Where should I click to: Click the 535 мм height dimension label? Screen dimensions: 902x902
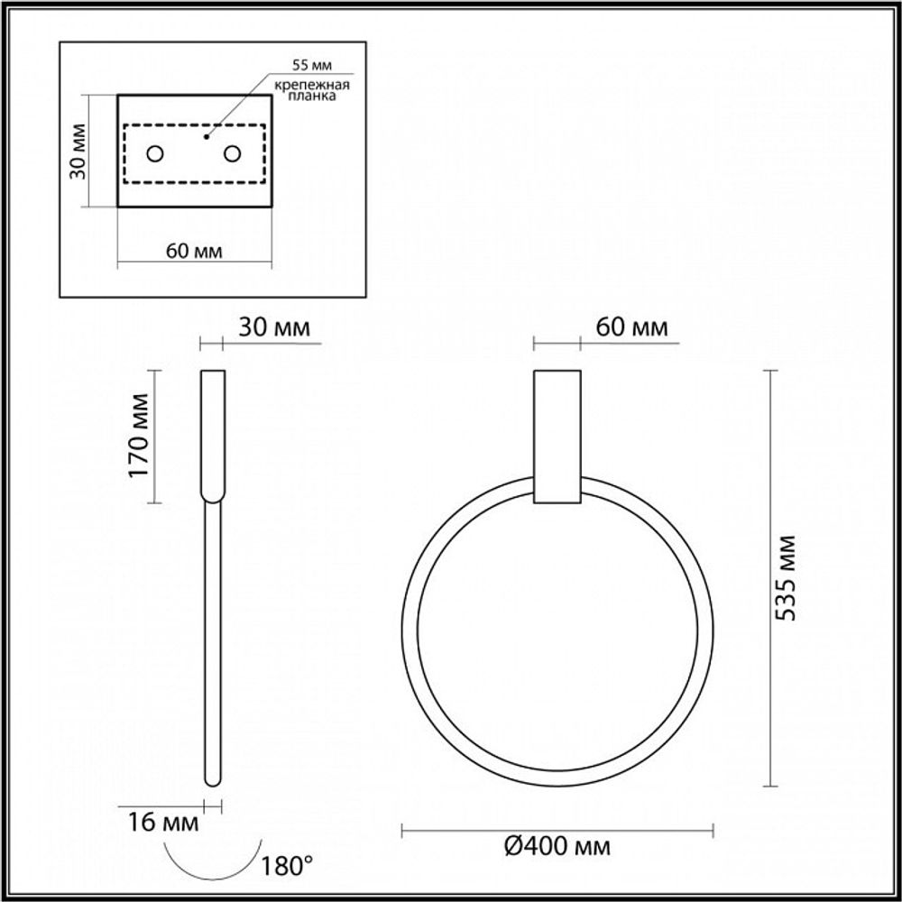(787, 577)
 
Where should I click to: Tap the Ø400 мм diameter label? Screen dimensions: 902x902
(557, 845)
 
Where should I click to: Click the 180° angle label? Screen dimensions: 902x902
(286, 867)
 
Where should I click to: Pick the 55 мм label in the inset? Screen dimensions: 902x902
(312, 66)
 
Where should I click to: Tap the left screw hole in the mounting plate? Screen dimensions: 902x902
(155, 154)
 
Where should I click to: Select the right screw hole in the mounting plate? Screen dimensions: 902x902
(234, 154)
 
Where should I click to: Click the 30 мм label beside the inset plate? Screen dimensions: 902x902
(78, 151)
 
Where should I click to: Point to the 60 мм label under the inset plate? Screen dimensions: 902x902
(195, 250)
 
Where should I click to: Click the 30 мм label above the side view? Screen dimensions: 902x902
(274, 327)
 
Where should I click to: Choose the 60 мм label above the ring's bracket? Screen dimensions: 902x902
(632, 327)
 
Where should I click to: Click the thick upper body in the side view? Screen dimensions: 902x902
(212, 433)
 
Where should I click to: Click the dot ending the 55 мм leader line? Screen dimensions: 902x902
(206, 138)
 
